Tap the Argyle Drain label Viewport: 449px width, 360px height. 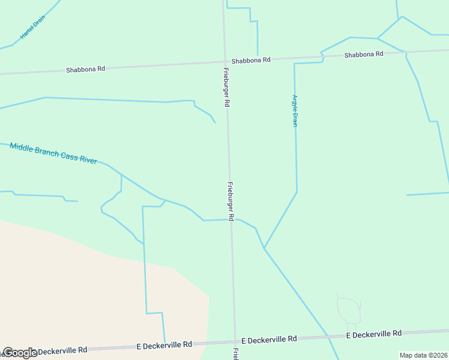[x=295, y=110]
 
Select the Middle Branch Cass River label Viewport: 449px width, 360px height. [x=53, y=154]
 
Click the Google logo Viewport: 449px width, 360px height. [x=20, y=353]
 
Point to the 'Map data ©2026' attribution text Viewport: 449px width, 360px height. [x=424, y=355]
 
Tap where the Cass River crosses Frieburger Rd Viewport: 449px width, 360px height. [x=231, y=220]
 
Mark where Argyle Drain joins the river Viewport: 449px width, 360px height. [x=264, y=248]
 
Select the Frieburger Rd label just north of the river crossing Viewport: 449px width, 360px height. [x=230, y=200]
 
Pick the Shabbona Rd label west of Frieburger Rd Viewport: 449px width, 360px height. [x=85, y=69]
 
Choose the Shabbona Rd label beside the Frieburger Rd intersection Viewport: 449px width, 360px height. [x=251, y=60]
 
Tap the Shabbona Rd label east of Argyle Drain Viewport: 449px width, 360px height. [x=363, y=55]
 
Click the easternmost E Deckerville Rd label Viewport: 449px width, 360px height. [x=374, y=334]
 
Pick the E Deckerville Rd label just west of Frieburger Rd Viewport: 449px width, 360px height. [x=164, y=344]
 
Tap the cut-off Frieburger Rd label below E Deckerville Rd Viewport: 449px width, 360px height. [x=236, y=353]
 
